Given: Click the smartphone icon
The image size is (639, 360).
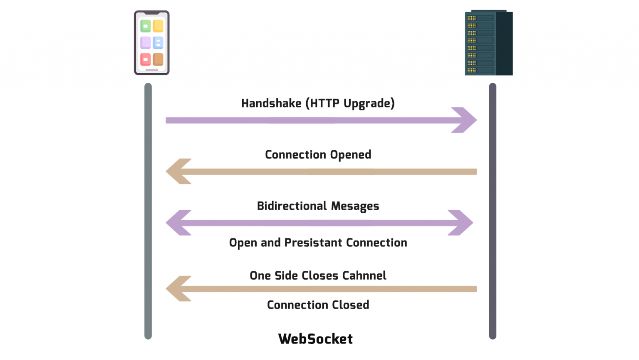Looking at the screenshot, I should click(151, 42).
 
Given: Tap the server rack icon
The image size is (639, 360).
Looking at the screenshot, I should click(488, 43).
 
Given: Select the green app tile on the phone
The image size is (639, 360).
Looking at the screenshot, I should click(146, 26).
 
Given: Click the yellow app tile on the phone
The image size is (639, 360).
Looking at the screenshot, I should click(158, 26).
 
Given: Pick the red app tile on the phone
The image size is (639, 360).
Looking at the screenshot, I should click(146, 60).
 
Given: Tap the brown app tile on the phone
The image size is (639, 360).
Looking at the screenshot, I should click(158, 60).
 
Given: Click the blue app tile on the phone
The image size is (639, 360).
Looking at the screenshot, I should click(158, 42).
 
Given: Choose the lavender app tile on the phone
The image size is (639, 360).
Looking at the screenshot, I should click(146, 42).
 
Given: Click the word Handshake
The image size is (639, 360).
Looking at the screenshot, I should click(271, 103).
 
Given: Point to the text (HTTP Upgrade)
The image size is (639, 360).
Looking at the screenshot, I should click(350, 103).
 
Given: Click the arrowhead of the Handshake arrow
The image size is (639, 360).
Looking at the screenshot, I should click(466, 120).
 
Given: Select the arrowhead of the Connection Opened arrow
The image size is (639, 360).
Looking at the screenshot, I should click(177, 171).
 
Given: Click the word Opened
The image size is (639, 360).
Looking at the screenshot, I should click(350, 155).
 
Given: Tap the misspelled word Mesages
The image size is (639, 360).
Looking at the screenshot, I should click(355, 206).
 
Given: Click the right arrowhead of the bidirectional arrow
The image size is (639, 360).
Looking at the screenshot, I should click(462, 223).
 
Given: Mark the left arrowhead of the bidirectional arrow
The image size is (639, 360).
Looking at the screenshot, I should click(177, 223).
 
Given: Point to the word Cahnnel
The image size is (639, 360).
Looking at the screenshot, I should click(364, 276).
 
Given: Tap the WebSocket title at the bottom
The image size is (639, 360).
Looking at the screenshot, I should click(315, 339).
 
